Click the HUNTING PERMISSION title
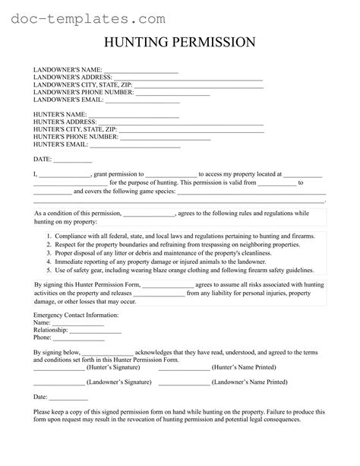click(x=179, y=43)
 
